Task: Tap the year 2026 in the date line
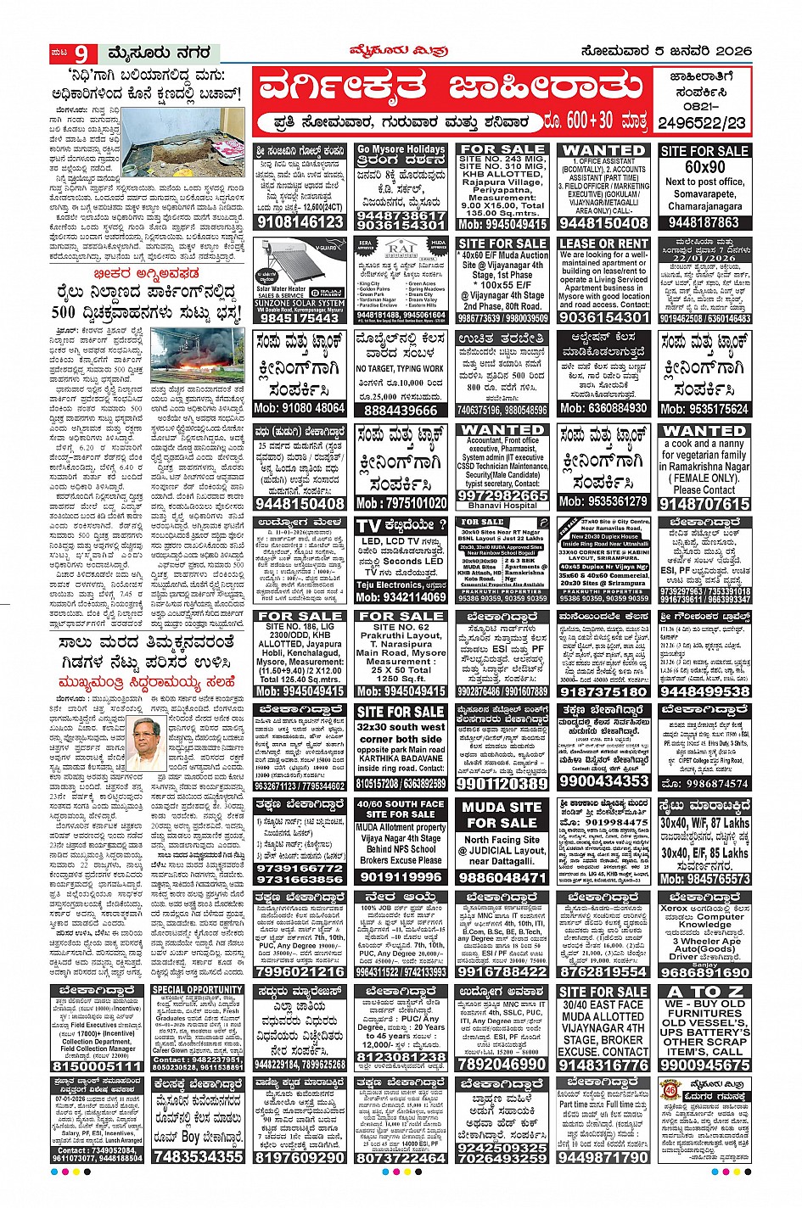[726, 52]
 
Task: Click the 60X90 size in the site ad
[704, 167]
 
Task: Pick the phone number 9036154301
[603, 317]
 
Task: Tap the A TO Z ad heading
[704, 991]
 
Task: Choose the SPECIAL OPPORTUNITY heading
[198, 990]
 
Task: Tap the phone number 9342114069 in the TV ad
[401, 597]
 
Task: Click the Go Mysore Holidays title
[401, 149]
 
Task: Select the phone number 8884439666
[401, 410]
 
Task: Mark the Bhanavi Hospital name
[502, 506]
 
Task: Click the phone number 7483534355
[198, 1156]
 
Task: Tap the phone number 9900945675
[704, 1064]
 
